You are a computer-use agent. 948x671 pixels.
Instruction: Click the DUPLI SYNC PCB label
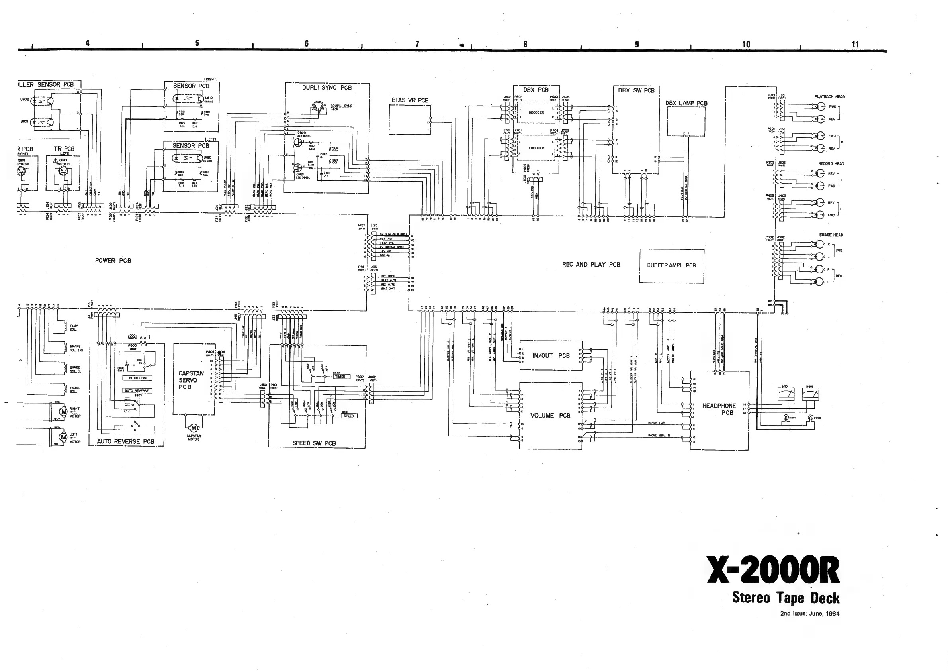click(x=326, y=88)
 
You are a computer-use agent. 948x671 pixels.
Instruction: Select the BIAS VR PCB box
click(x=410, y=120)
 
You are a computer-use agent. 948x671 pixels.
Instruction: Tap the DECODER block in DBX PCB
click(x=536, y=112)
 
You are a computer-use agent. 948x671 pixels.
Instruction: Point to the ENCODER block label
click(x=536, y=148)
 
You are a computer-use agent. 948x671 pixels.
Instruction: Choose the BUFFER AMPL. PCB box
click(x=671, y=266)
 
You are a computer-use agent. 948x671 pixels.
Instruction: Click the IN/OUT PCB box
click(x=551, y=356)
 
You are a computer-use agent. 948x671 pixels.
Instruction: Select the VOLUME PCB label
click(x=550, y=416)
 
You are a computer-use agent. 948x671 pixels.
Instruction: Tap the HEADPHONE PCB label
click(x=719, y=409)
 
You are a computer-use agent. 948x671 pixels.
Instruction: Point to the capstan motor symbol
click(x=193, y=428)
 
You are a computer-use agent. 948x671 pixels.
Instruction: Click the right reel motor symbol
click(x=64, y=412)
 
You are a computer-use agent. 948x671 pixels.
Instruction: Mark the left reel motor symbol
click(x=63, y=437)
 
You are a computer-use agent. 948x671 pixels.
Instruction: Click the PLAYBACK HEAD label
click(x=829, y=97)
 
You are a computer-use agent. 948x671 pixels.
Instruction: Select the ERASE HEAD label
click(x=831, y=235)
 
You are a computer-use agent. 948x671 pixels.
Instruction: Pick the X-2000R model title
click(x=772, y=570)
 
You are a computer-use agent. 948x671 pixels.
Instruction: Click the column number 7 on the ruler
click(x=417, y=44)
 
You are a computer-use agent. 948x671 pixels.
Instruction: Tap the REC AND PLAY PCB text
click(x=590, y=265)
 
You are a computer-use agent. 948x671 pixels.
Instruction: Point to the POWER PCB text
click(x=113, y=261)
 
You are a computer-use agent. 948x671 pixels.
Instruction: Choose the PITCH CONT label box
click(x=138, y=378)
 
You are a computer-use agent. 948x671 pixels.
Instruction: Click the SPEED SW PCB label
click(x=314, y=443)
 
